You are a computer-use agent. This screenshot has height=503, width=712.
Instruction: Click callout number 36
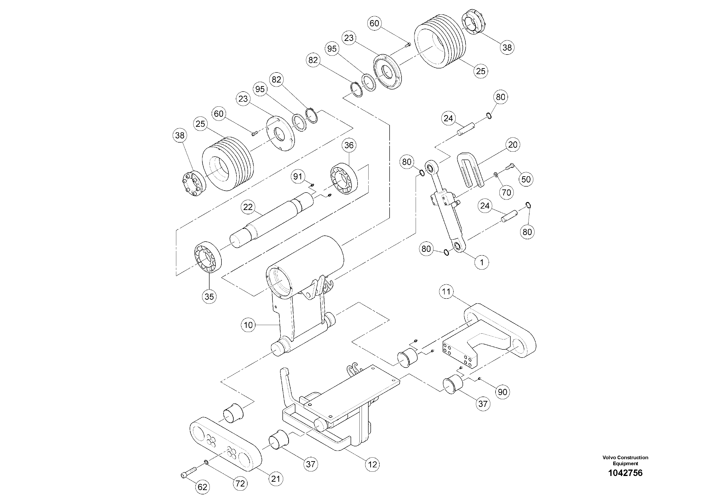(x=349, y=145)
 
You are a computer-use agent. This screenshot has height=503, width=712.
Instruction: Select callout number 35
(x=209, y=296)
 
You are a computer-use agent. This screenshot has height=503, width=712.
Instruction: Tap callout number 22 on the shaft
(x=248, y=207)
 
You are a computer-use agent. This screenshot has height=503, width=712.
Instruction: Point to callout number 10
(x=248, y=325)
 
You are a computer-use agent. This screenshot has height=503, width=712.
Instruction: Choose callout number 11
(x=446, y=292)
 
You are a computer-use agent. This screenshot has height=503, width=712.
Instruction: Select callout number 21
(x=276, y=479)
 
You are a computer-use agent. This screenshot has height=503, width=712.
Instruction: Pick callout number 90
(x=502, y=392)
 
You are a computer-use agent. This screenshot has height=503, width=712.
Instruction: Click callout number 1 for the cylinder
(x=482, y=262)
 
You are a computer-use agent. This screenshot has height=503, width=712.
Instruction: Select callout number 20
(x=513, y=144)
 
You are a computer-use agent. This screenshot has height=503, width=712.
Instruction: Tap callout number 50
(x=526, y=179)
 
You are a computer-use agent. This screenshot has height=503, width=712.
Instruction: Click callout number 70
(x=506, y=193)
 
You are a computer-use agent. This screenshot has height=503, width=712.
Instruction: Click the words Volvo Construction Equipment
(x=625, y=460)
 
